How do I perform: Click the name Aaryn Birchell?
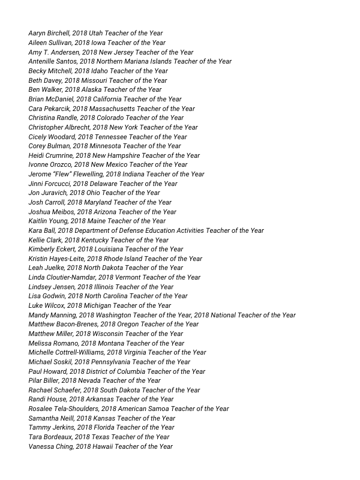point(49,34)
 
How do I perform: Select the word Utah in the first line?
point(96,34)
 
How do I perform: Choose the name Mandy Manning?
point(52,315)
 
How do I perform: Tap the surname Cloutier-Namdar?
point(69,277)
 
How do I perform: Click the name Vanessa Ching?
point(50,446)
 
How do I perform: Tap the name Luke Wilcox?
point(46,305)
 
